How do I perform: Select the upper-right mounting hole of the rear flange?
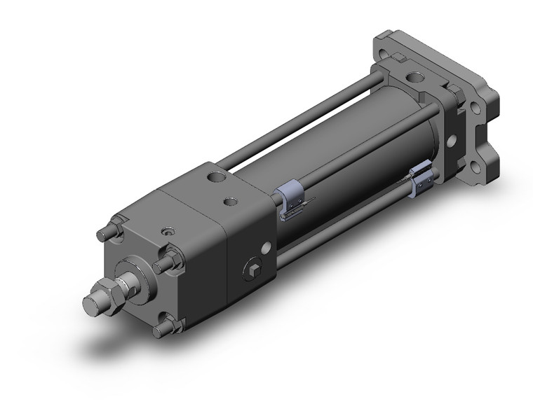pyautogui.click(x=477, y=109)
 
